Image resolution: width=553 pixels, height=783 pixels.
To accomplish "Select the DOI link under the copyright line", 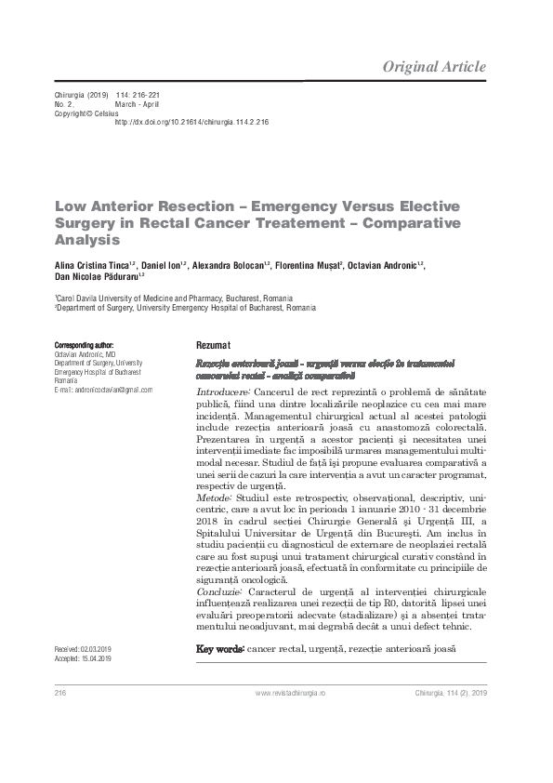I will (191, 122).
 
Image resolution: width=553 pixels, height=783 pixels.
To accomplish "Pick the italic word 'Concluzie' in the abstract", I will (219, 591).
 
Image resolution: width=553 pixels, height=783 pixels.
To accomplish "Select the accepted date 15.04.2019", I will (95, 658).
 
